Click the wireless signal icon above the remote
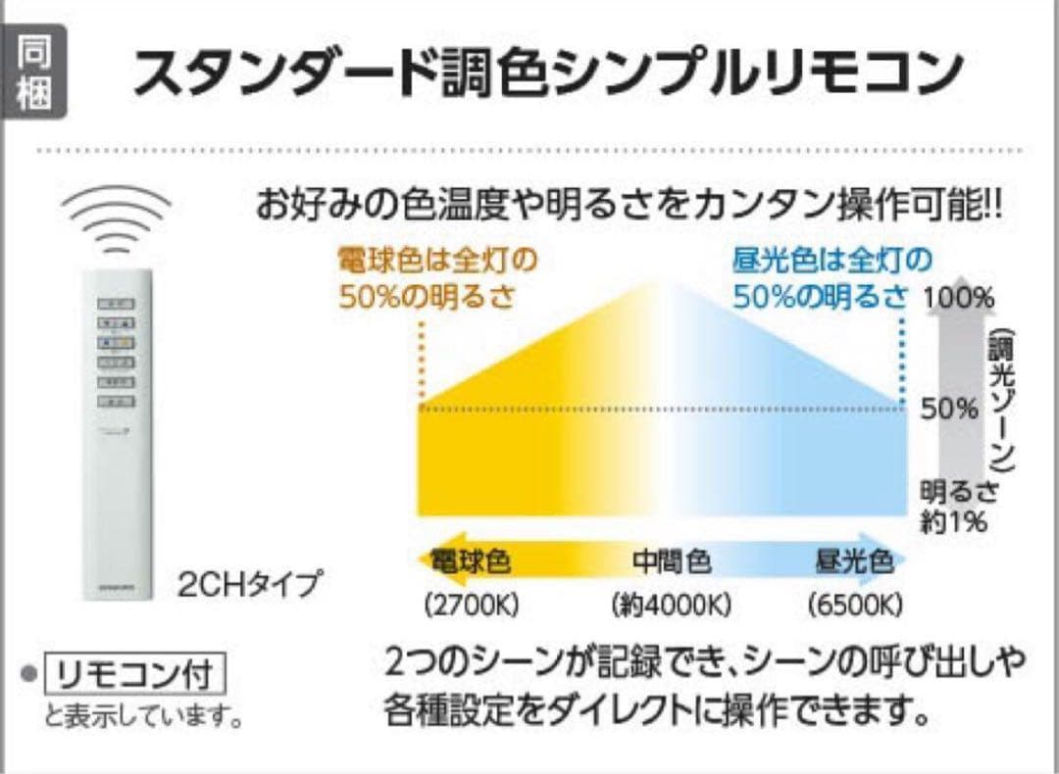tap(116, 221)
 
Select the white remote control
tap(116, 431)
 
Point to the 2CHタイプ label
tap(249, 585)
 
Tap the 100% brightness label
tap(959, 297)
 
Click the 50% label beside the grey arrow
tap(949, 408)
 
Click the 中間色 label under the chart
tap(672, 562)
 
